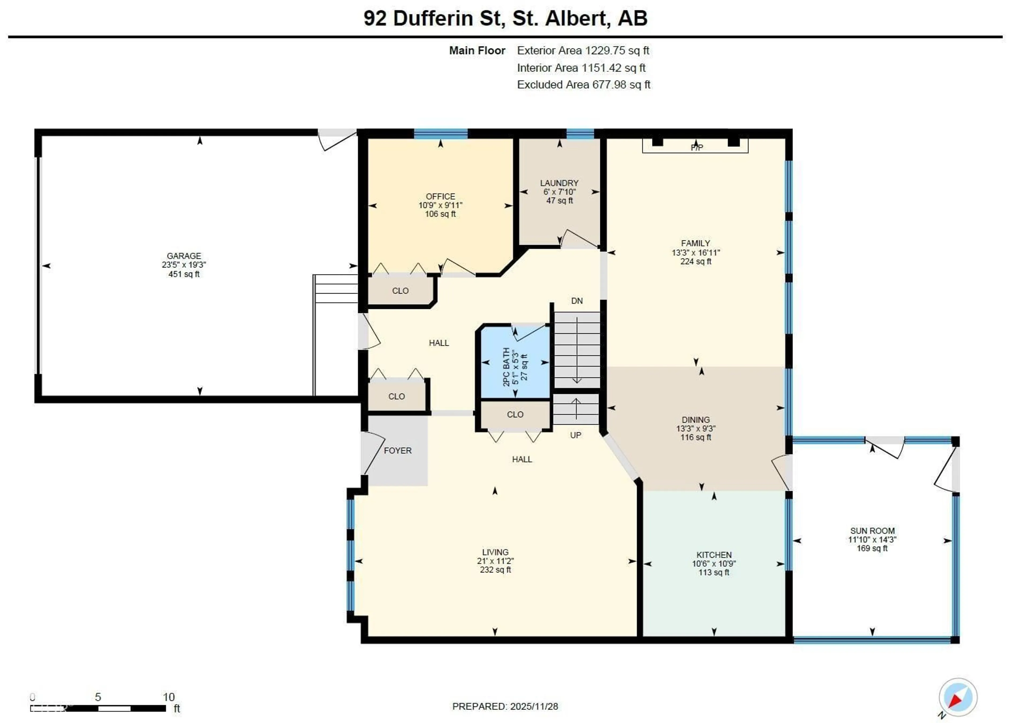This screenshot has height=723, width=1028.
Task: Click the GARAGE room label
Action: point(184,256)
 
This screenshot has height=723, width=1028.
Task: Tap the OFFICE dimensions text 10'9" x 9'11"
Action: point(440,205)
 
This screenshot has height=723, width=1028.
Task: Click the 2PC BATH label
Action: point(506,367)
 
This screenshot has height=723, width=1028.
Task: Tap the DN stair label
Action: point(577,301)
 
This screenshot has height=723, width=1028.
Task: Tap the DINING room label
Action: point(695,419)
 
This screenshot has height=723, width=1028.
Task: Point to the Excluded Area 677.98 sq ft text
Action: point(583,85)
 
